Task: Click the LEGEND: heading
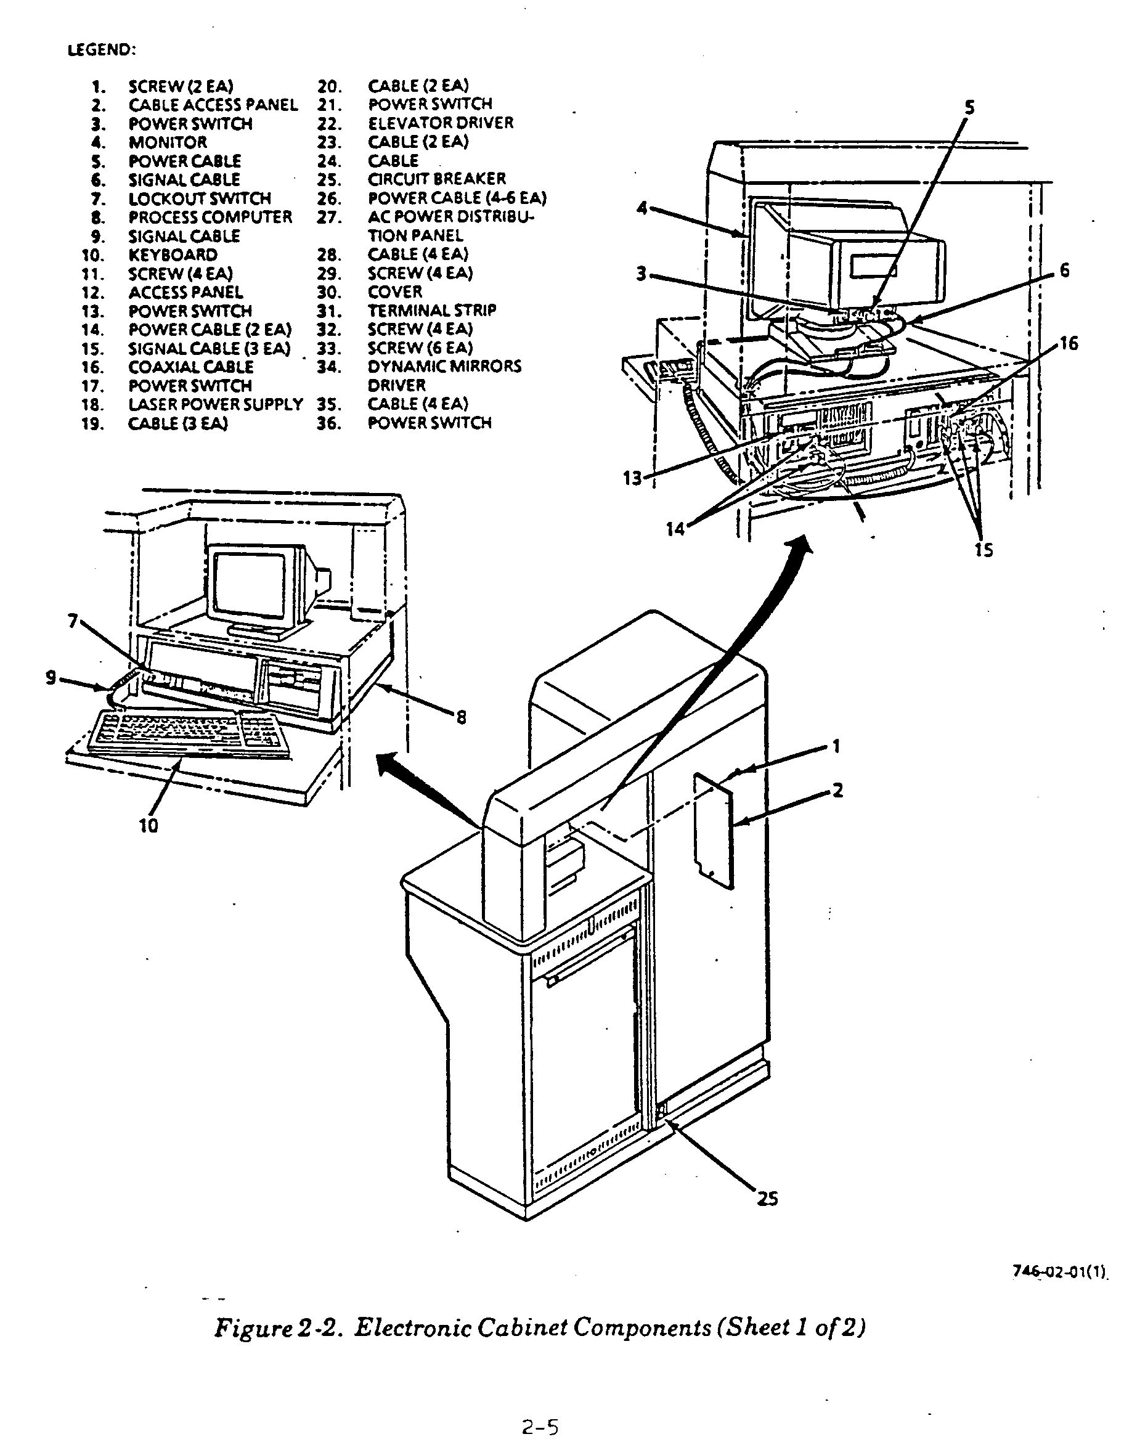point(102,50)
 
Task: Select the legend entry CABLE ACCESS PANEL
point(213,105)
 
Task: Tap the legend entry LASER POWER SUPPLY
point(215,404)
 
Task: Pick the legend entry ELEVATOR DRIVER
point(441,123)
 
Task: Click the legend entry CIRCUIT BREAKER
point(436,179)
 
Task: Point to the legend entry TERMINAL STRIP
point(432,311)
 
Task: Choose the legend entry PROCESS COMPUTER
point(210,217)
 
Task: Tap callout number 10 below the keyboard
point(149,825)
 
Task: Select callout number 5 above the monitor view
point(969,108)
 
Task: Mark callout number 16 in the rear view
point(1069,343)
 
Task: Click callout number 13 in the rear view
point(632,478)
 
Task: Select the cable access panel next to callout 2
point(714,831)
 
